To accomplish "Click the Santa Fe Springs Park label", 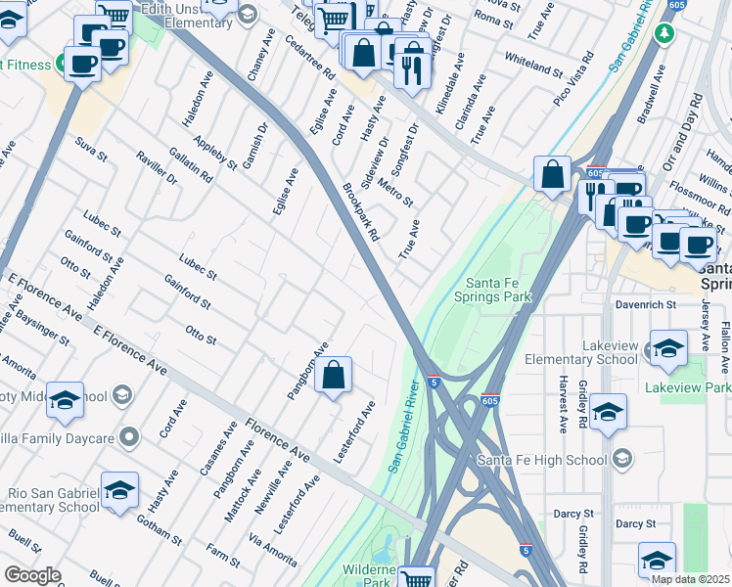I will [x=505, y=290].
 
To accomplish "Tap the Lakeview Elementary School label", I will [x=580, y=352].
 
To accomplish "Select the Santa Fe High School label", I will [x=542, y=460].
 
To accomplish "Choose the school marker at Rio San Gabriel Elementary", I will [x=119, y=491].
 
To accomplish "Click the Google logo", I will [x=32, y=575].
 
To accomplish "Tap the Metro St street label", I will [x=395, y=187].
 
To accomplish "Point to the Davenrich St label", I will [x=646, y=305].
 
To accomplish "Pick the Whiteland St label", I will [x=532, y=65].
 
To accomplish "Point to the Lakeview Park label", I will [x=688, y=388].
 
